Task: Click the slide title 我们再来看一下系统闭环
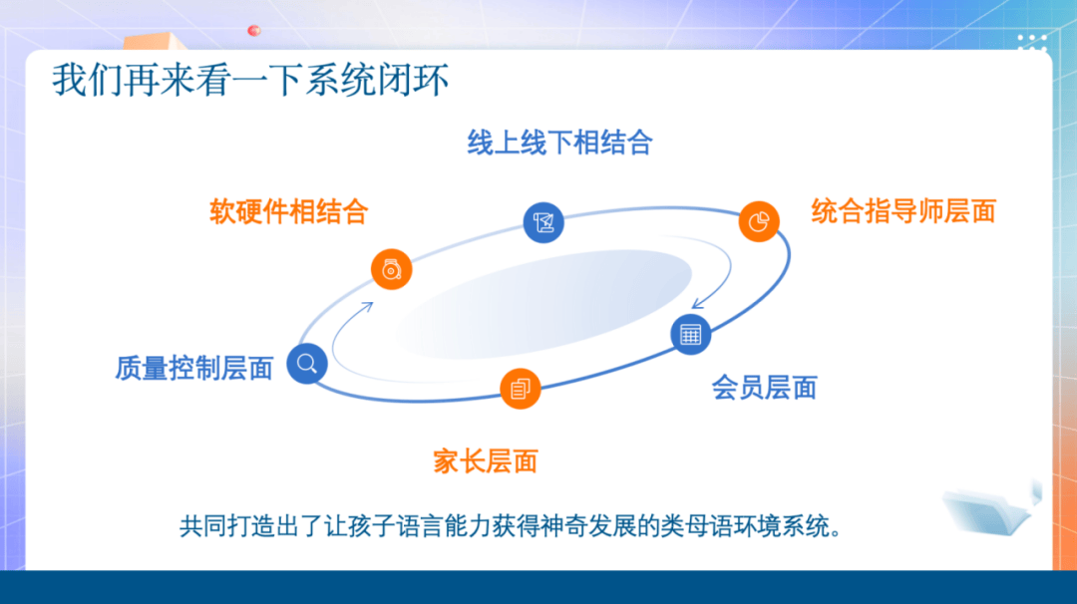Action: coord(250,80)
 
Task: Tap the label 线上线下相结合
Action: coord(559,143)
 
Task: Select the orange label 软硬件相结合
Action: coord(288,211)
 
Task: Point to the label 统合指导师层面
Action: coord(903,211)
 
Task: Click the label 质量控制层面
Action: coord(194,368)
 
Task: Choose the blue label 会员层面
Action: coord(764,388)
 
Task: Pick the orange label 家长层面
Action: coord(485,461)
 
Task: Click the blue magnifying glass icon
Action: coord(307,364)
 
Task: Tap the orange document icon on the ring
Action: coord(520,389)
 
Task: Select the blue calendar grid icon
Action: coord(690,334)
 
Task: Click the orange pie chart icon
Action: coord(759,221)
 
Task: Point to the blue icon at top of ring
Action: coord(543,222)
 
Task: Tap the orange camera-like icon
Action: coord(392,269)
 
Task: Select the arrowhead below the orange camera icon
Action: coord(368,307)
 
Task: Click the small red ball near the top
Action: coord(254,30)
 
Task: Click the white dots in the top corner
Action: coord(1032,42)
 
